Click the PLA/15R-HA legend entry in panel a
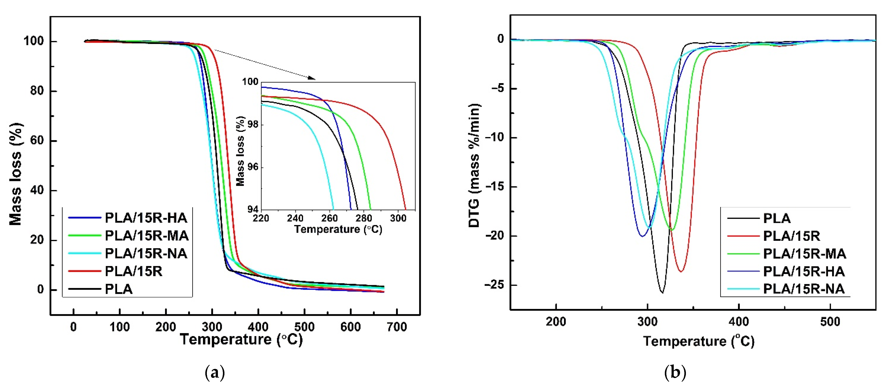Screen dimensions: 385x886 [x=146, y=218]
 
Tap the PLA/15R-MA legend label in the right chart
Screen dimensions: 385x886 [x=804, y=254]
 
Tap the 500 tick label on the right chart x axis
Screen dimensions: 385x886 [x=830, y=322]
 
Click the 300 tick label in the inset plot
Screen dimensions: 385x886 [x=398, y=218]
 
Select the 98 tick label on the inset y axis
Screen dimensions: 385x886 [x=253, y=125]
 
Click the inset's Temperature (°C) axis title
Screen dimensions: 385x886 [x=338, y=229]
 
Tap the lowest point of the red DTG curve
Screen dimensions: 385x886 [x=681, y=272]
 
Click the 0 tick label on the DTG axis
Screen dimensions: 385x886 [x=500, y=39]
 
